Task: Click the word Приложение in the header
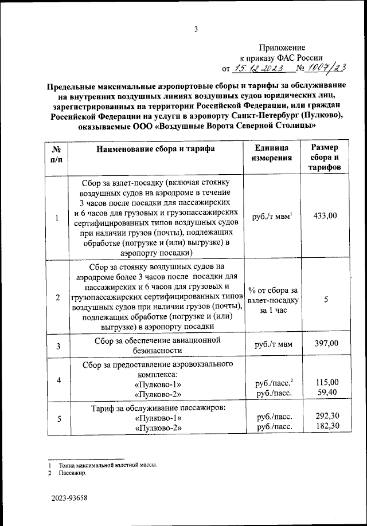282,48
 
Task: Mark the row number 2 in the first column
57,297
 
